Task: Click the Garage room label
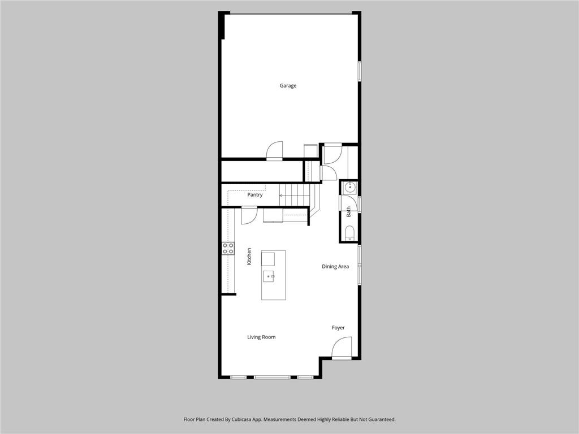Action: [288, 86]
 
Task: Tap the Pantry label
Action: [255, 194]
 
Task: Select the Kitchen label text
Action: [249, 256]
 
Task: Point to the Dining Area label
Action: [335, 267]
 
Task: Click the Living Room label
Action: [261, 337]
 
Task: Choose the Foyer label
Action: [338, 328]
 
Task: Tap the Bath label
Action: [348, 212]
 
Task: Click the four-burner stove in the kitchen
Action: [228, 249]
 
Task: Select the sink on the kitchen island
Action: [269, 276]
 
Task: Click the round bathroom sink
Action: [349, 188]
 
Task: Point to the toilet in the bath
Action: [349, 233]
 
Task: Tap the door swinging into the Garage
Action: [274, 150]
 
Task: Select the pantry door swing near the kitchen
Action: [249, 215]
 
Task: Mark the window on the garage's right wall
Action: [359, 71]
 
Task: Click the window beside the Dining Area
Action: [359, 264]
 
